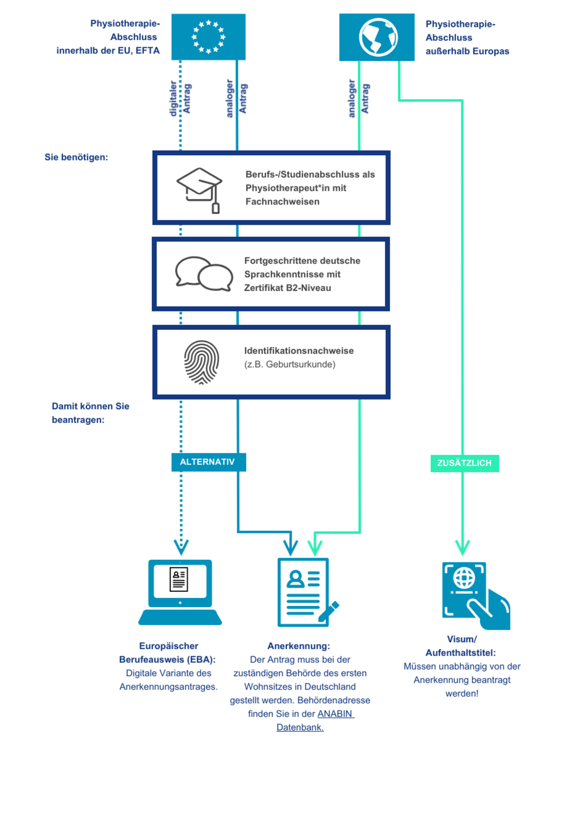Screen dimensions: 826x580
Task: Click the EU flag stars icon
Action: pos(208,37)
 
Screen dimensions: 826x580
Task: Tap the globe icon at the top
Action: pos(378,37)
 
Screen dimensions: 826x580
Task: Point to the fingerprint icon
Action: pos(201,362)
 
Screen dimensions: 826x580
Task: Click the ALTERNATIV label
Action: pos(208,462)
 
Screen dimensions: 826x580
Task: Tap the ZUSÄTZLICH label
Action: pos(464,463)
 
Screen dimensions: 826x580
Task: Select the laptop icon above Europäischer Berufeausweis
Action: pos(180,592)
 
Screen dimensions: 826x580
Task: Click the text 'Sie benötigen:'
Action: pos(76,157)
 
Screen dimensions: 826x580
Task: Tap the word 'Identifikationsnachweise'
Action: pos(299,351)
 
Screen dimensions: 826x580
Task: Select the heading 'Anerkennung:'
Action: pos(299,646)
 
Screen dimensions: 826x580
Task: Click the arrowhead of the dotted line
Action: pos(181,547)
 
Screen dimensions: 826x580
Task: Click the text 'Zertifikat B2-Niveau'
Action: pos(287,288)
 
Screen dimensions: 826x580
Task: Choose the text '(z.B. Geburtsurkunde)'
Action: pos(290,364)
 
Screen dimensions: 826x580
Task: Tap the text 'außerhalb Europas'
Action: pos(467,51)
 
